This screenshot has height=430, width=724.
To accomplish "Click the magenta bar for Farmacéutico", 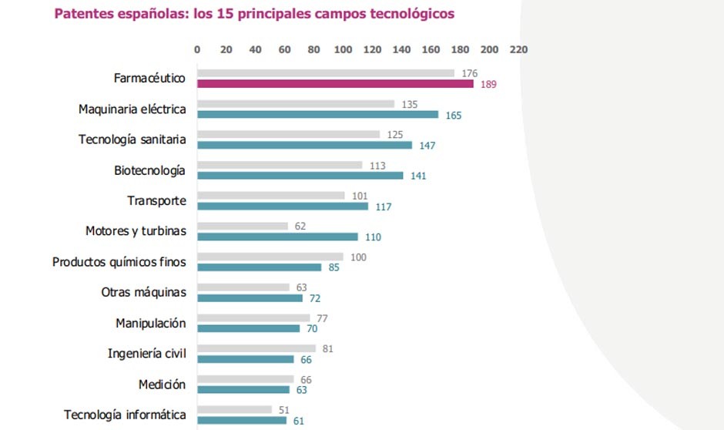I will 335,84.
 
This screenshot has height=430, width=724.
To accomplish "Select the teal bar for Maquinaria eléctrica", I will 317,115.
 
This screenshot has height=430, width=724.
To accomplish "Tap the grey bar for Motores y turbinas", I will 243,227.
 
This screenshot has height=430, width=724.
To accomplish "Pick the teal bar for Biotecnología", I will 300,176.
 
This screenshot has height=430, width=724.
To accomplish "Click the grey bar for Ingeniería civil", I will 256,348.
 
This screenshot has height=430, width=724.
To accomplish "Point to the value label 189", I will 488,84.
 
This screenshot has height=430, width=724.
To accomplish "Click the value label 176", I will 469,74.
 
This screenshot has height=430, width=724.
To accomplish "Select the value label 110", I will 373,237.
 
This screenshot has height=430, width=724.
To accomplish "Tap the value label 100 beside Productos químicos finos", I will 358,257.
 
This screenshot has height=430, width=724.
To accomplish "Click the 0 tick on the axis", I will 197,49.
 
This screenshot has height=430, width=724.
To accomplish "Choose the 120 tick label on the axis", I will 373,49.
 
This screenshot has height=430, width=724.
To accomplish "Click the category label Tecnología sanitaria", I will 132,139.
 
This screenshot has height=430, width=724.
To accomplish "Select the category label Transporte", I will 156,200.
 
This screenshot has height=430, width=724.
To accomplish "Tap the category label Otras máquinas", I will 144,292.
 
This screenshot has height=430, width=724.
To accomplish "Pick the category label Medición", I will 162,384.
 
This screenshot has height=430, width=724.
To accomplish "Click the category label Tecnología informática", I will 125,415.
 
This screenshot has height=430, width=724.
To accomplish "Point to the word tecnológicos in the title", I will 410,14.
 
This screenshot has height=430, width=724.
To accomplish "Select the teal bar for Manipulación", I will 248,328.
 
